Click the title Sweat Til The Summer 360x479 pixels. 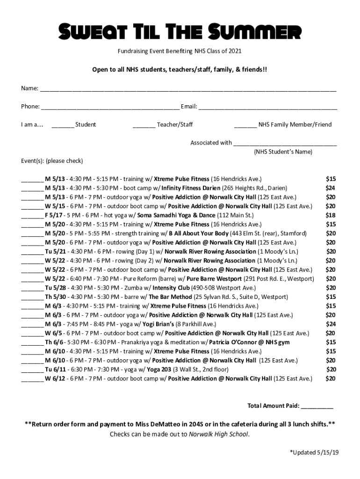coord(180,32)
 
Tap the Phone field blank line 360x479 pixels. coord(110,107)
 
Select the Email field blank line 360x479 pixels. coord(267,107)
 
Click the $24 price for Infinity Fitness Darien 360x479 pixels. coord(330,188)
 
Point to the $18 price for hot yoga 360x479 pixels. coord(330,215)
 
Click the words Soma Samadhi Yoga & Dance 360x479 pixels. coord(177,215)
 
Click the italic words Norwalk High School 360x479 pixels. coord(219,434)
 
